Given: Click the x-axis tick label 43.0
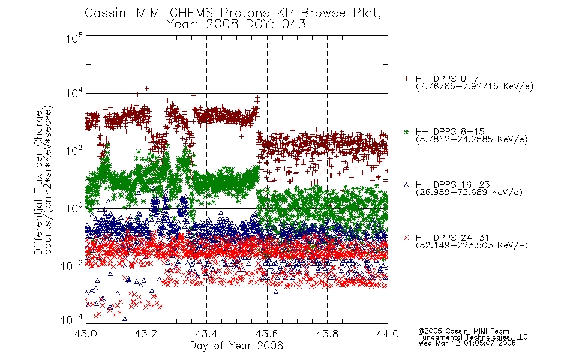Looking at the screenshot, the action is tap(85, 334).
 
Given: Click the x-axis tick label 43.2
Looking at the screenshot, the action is tap(146, 334).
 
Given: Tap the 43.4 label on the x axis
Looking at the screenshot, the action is tap(206, 334).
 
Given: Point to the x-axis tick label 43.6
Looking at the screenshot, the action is tap(267, 334).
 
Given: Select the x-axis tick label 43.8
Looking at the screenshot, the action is tap(327, 334).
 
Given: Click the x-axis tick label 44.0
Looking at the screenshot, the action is tap(388, 334).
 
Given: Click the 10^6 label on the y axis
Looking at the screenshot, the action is tap(74, 38).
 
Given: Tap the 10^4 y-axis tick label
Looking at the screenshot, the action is tap(74, 94).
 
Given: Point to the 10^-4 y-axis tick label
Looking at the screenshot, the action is tap(71, 320).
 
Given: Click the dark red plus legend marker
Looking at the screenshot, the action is tap(406, 79).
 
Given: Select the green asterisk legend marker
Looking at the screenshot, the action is tap(406, 131).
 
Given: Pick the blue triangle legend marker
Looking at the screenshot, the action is tap(406, 185).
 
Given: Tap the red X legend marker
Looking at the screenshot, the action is tap(406, 238).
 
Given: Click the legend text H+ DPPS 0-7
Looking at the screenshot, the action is tap(447, 79).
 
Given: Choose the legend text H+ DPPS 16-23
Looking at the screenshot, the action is tap(452, 184).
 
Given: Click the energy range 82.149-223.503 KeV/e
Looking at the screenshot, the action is tap(472, 245).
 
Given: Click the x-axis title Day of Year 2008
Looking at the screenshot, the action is tap(236, 346).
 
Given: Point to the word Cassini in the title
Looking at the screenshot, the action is tap(108, 13).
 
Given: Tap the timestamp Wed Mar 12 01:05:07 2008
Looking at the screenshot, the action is tap(467, 343).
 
